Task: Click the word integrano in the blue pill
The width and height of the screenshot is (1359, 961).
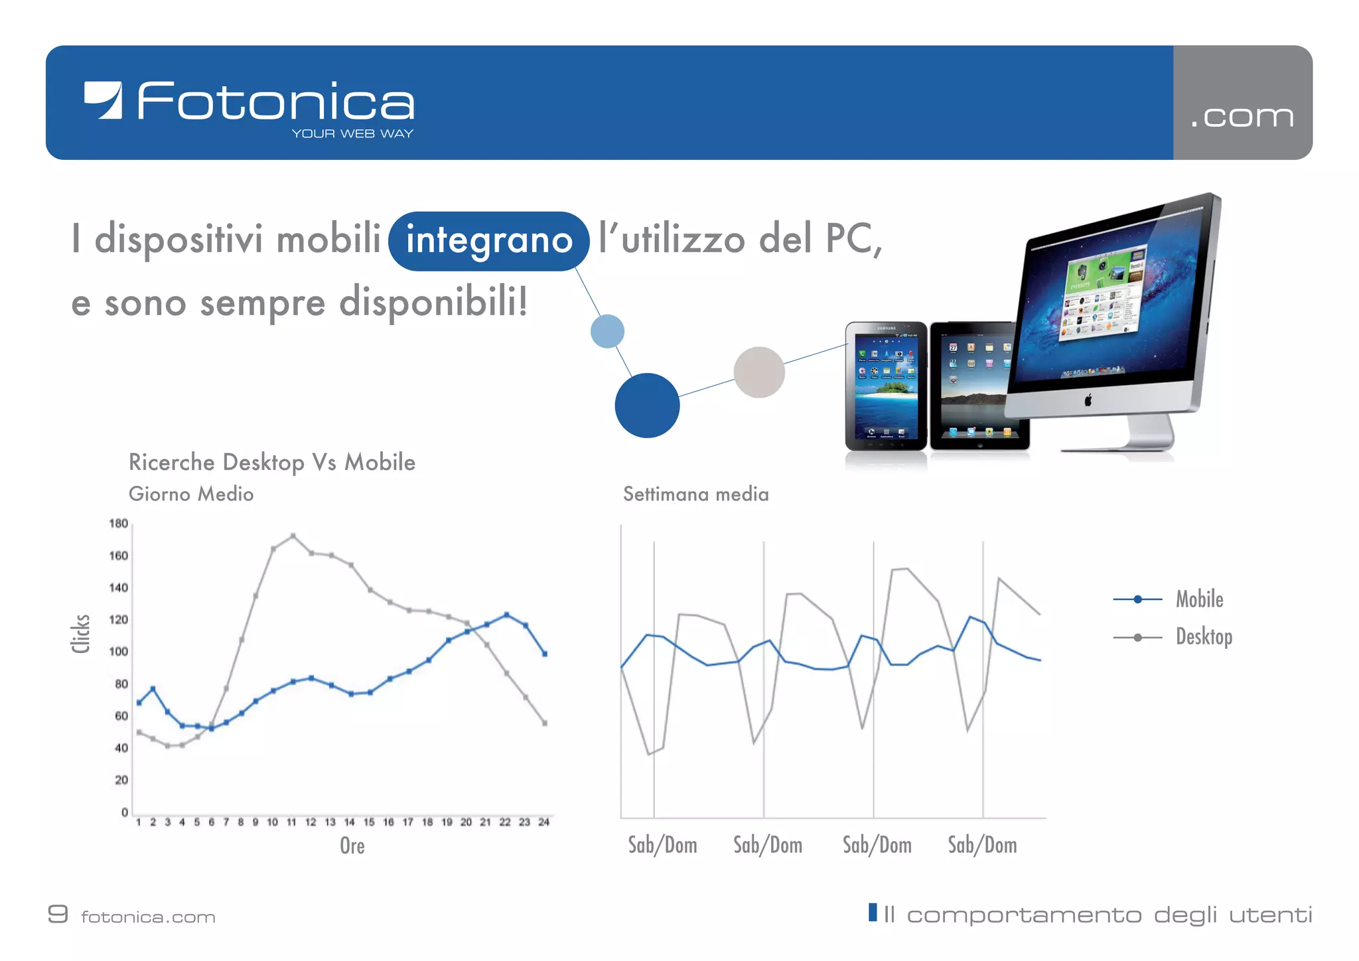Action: (489, 240)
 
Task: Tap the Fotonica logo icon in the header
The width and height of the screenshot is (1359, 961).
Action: (104, 100)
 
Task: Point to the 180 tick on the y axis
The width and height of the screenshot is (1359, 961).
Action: (118, 524)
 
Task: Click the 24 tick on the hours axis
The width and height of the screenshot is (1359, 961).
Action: (543, 822)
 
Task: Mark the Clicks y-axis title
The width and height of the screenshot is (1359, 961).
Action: (80, 634)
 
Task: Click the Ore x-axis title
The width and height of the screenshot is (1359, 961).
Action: (352, 846)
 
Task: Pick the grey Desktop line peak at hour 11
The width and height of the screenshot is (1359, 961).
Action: (293, 536)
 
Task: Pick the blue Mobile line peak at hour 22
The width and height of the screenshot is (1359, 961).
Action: (506, 615)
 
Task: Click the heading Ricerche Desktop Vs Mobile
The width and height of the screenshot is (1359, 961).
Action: (271, 463)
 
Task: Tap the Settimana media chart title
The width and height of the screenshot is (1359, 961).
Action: (695, 494)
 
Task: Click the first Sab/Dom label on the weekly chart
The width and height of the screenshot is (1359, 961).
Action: (662, 845)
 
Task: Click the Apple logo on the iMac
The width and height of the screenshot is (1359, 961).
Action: (1088, 400)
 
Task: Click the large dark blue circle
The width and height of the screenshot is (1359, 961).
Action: (647, 406)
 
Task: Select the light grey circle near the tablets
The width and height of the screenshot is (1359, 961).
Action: (759, 372)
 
